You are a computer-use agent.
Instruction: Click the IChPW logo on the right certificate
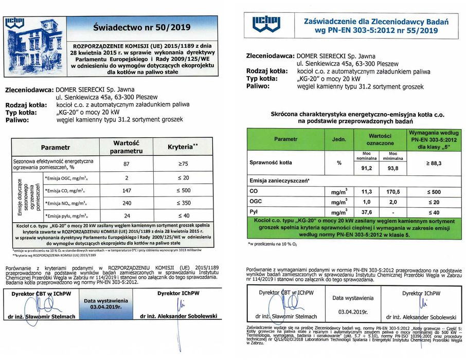265,25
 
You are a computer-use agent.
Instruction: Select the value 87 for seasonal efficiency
127,164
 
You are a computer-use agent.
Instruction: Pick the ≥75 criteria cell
182,164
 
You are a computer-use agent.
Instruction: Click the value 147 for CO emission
127,190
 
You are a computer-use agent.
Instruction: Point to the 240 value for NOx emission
127,203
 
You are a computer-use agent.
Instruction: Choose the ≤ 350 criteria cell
182,203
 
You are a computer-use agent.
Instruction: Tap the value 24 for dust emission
127,216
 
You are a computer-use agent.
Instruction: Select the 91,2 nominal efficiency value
367,168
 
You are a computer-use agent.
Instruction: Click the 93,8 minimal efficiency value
393,168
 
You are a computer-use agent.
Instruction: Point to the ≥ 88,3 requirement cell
433,163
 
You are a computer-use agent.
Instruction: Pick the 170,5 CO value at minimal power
393,191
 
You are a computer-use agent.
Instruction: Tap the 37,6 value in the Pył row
367,212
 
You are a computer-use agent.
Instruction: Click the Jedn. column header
339,139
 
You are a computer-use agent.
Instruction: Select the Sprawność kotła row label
271,163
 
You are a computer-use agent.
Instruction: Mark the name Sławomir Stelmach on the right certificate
295,317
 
